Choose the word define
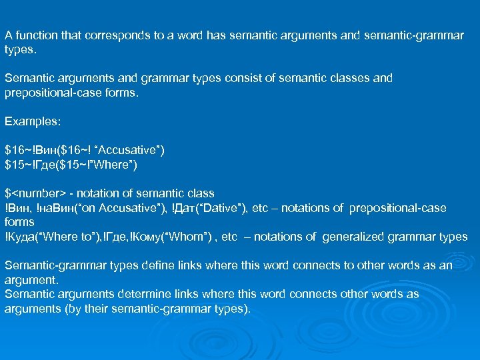click(x=151, y=265)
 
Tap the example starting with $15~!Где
click(x=71, y=164)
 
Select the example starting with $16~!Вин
click(x=84, y=150)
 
